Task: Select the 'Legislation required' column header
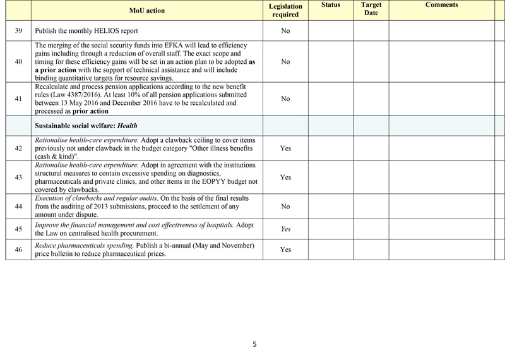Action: click(x=285, y=10)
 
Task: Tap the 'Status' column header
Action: click(x=330, y=5)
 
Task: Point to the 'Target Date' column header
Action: click(x=371, y=9)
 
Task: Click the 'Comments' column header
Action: click(x=441, y=5)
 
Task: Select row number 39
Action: click(x=18, y=30)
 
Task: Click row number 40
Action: click(x=18, y=62)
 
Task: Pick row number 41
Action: click(x=18, y=99)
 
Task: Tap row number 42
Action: click(x=18, y=148)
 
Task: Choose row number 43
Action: click(x=18, y=177)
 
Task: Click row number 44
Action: click(x=18, y=207)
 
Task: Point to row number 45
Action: click(x=18, y=229)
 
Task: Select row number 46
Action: click(x=18, y=250)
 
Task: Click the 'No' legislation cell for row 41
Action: click(x=285, y=99)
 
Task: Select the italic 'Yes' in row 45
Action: click(x=285, y=229)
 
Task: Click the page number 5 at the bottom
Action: click(x=254, y=344)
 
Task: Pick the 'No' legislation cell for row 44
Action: click(x=285, y=207)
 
